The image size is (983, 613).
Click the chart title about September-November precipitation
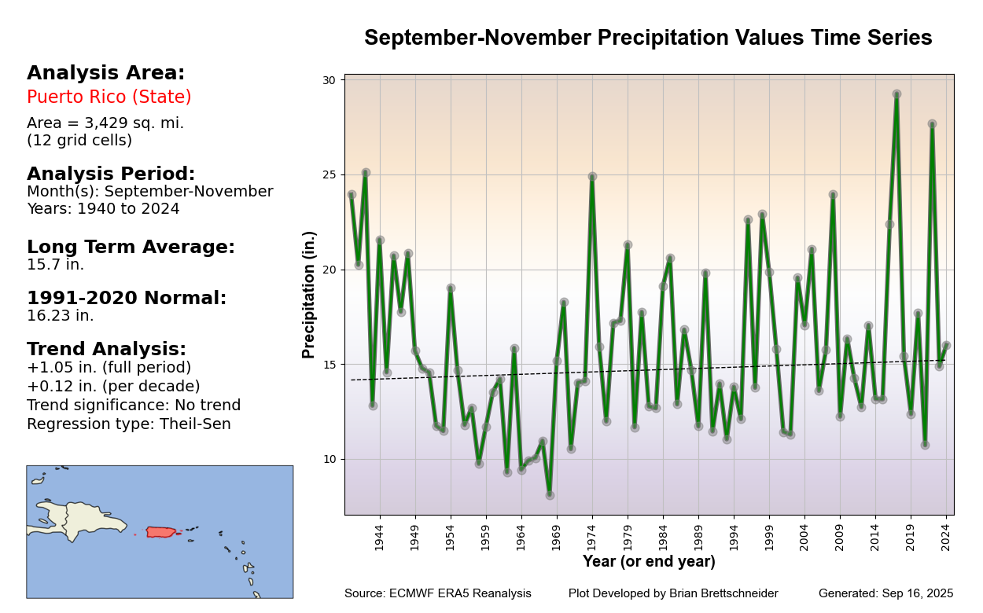tap(647, 39)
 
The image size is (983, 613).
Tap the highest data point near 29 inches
tap(896, 94)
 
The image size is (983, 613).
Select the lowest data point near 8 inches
tap(550, 495)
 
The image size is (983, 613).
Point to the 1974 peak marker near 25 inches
tap(592, 177)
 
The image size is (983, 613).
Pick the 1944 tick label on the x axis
tap(379, 538)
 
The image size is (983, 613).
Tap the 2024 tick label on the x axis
tap(946, 538)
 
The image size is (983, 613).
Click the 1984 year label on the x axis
tap(663, 538)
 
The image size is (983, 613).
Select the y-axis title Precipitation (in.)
tap(309, 295)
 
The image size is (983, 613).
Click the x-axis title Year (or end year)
tap(649, 562)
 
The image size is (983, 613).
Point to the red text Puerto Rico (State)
tap(109, 97)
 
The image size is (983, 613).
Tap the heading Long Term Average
tap(131, 248)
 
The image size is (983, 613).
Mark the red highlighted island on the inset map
tap(160, 532)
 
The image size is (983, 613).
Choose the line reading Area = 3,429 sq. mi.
tap(105, 123)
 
